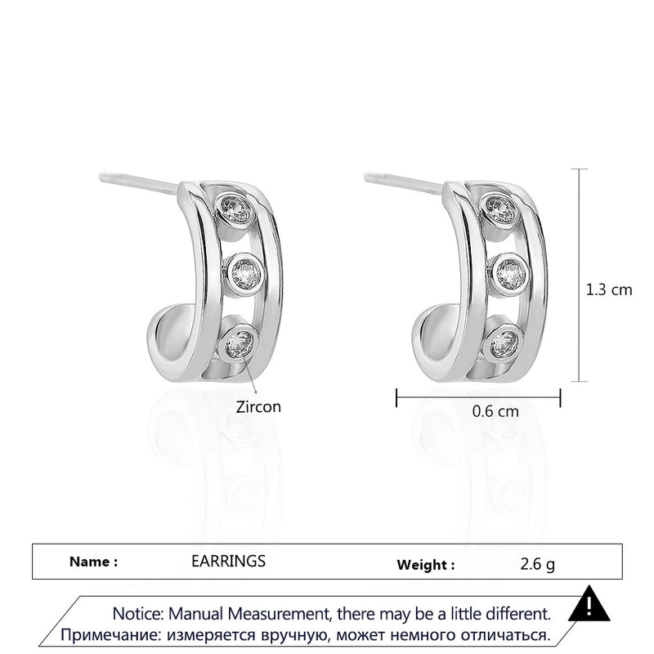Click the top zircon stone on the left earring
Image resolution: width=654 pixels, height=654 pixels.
[x=235, y=208]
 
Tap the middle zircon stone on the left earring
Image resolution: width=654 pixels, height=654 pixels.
[x=245, y=273]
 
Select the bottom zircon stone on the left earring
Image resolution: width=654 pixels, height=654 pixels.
[x=240, y=343]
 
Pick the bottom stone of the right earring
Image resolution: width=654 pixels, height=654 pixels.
[x=504, y=344]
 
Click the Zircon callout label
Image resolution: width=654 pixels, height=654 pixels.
[x=258, y=406]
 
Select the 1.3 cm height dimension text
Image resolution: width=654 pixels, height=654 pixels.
[x=609, y=289]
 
